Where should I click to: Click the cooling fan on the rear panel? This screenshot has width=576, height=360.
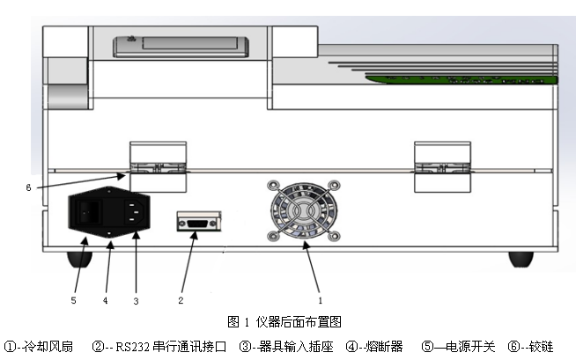coord(304,212)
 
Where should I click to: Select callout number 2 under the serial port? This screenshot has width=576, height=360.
coord(181,300)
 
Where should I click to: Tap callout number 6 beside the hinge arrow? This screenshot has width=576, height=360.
coord(28,187)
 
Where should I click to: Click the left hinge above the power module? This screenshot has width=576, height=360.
coord(159,164)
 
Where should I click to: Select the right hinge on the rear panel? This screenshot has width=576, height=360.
coord(442,164)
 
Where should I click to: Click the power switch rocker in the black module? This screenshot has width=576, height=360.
coord(87,212)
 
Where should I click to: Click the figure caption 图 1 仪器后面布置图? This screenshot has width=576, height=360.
coord(284,321)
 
